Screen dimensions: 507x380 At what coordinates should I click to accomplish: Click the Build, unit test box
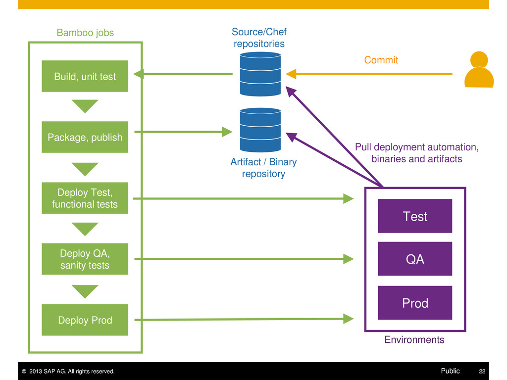[x=85, y=76]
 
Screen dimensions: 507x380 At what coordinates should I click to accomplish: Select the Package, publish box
[x=85, y=137]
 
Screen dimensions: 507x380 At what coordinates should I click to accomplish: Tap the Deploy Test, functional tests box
[x=85, y=198]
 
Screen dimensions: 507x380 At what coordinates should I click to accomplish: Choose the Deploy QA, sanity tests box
[x=85, y=259]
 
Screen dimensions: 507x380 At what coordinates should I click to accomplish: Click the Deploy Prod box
[x=85, y=320]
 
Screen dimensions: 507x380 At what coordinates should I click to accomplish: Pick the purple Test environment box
[x=415, y=216]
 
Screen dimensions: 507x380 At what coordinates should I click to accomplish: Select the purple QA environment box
[x=415, y=259]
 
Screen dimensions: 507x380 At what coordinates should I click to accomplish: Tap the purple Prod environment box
[x=415, y=303]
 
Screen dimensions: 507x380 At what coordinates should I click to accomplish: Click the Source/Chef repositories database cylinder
[x=260, y=74]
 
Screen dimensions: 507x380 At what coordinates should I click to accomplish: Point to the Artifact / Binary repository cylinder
[x=260, y=130]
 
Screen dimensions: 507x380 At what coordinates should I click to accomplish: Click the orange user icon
[x=479, y=69]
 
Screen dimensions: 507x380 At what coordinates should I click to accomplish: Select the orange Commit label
[x=381, y=60]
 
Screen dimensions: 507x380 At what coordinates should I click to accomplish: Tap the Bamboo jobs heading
[x=85, y=33]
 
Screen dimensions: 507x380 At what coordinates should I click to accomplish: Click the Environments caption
[x=414, y=339]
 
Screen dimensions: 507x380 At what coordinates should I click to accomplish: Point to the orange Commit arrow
[x=369, y=74]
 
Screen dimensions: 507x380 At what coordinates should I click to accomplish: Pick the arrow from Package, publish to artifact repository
[x=183, y=132]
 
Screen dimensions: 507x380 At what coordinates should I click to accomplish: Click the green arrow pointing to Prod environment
[x=244, y=319]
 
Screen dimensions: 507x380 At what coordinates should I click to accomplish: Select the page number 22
[x=482, y=371]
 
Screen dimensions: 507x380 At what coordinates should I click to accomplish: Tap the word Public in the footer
[x=450, y=371]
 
